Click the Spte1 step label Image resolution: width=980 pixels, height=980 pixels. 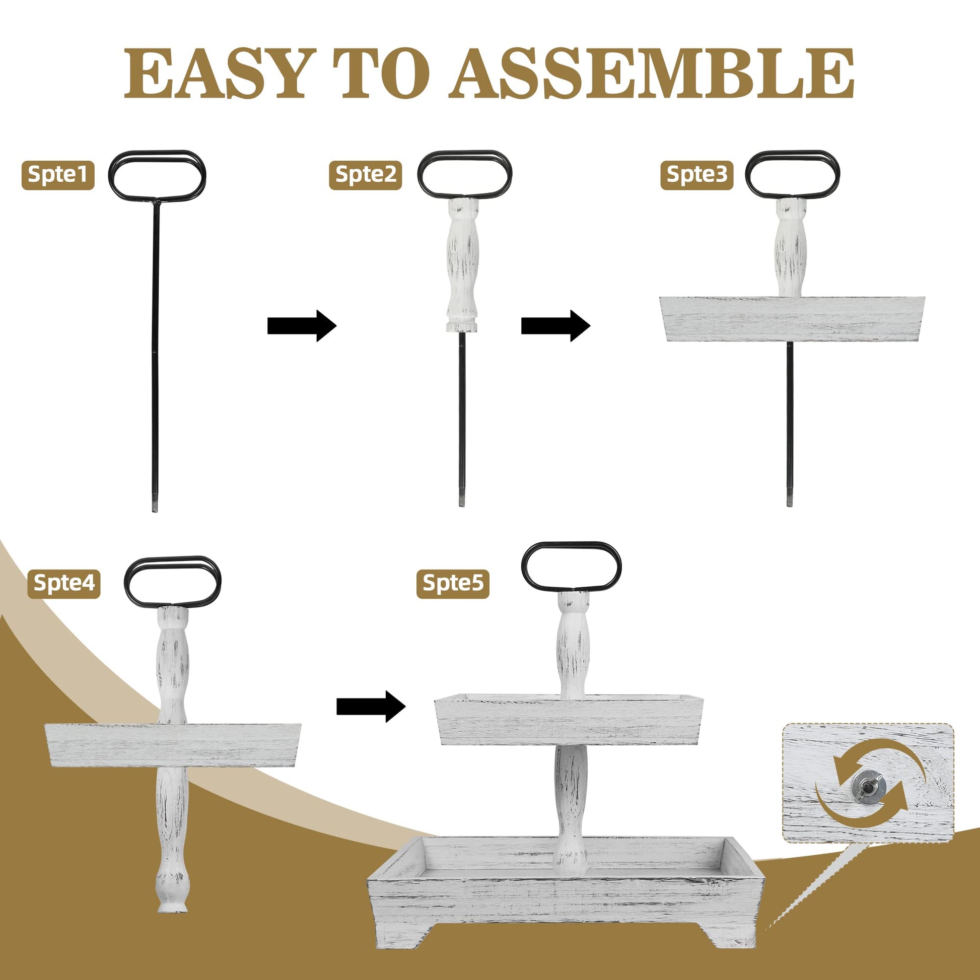pos(58,174)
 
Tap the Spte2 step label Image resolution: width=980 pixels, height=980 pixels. pos(365,174)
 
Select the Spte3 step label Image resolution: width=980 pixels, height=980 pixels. pos(696,174)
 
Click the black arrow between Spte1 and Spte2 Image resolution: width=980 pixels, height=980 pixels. pos(302,326)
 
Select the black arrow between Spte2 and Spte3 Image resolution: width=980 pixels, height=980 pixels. pos(555,326)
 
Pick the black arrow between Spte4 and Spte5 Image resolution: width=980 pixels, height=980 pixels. pos(371,706)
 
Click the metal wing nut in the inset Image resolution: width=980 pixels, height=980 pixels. pos(869,790)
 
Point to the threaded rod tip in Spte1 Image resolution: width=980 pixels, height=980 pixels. pos(155,506)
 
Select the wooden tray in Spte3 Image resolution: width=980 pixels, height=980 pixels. pos(792,319)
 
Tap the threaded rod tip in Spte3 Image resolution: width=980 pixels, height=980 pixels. pos(789,500)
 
